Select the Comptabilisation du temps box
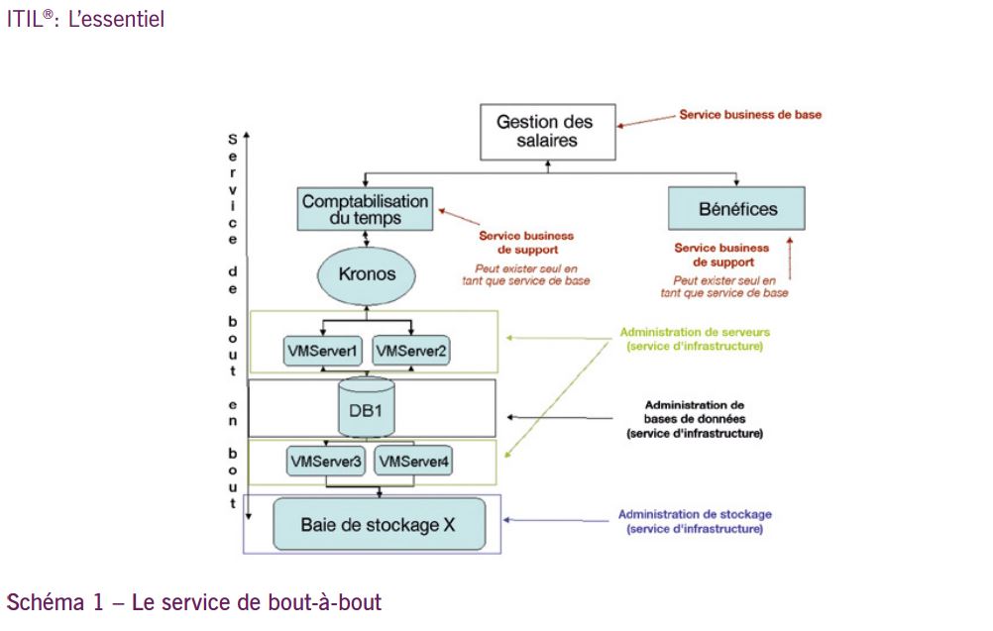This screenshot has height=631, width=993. [366, 208]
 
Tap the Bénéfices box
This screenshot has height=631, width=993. [736, 209]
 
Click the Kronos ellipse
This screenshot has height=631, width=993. [367, 273]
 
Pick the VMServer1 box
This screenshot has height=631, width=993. [322, 350]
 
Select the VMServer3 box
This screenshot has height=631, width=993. [325, 461]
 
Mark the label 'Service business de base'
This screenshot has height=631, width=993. [750, 115]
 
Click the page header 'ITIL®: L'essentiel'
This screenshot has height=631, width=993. [85, 19]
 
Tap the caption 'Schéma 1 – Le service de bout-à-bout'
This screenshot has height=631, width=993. [194, 602]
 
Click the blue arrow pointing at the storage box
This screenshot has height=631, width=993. [551, 519]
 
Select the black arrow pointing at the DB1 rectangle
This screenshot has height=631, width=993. [554, 417]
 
